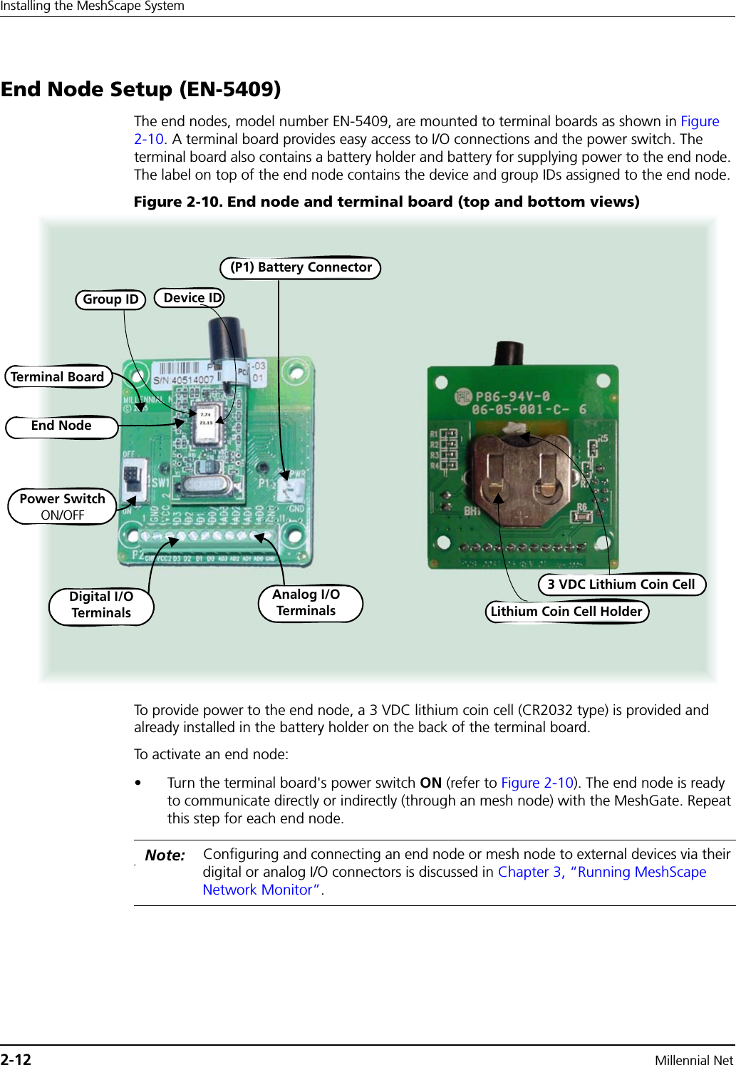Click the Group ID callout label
point(110,299)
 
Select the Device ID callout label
point(190,298)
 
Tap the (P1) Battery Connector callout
point(301,267)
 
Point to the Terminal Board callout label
point(58,376)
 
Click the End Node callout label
point(61,426)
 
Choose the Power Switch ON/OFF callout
point(62,506)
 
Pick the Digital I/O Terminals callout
point(101,605)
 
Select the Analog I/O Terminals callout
point(307,603)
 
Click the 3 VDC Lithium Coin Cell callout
point(621,585)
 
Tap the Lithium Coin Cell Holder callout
point(566,612)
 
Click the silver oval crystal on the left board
point(203,485)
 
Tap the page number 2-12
point(16,1059)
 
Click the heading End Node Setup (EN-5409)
point(141,89)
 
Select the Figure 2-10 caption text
point(386,202)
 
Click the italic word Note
point(165,855)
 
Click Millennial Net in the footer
point(693,1059)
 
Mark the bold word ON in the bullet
point(430,783)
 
